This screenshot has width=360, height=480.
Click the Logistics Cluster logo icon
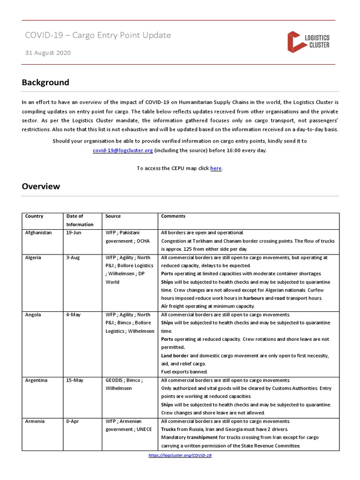(x=294, y=41)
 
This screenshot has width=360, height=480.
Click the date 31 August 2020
(x=48, y=53)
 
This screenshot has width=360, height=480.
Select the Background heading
(x=45, y=82)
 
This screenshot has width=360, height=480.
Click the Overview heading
(x=41, y=186)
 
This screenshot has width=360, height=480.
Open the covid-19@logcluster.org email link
(x=123, y=150)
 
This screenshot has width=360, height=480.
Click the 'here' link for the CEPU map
(x=216, y=168)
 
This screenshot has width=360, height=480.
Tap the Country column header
(x=34, y=216)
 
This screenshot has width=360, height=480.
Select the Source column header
(x=113, y=216)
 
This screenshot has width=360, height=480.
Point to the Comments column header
(x=173, y=216)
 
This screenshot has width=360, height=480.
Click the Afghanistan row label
(x=38, y=232)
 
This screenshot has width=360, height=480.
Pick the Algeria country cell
(x=33, y=257)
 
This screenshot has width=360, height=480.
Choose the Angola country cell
(x=33, y=315)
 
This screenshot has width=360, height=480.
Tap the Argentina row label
(x=36, y=380)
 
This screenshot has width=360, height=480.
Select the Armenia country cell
(x=35, y=421)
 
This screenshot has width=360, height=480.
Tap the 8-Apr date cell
(x=73, y=421)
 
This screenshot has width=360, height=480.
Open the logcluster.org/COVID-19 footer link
(x=180, y=455)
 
